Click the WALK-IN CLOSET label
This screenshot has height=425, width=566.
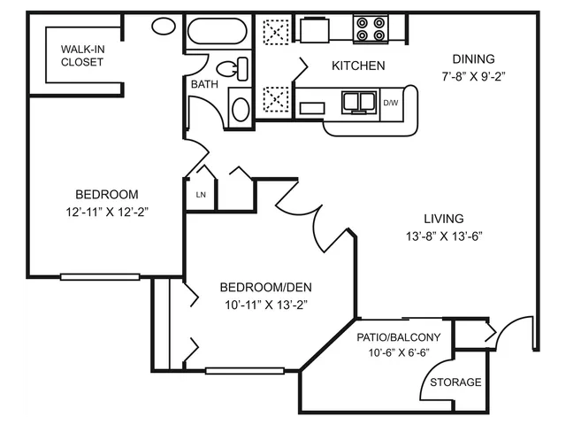pos(82,56)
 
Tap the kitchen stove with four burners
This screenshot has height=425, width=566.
pos(371,29)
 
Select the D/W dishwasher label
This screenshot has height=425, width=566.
pos(391,103)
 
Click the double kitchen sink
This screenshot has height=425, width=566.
pos(359,102)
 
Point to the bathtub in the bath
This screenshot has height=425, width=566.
pos(218,31)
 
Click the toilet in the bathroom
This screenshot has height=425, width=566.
pos(233,69)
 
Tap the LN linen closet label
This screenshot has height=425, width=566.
pos(201,195)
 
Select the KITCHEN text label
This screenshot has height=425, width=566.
pos(358,66)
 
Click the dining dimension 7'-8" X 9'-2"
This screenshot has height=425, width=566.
pos(473,77)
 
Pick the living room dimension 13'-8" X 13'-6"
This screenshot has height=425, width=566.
pos(444,236)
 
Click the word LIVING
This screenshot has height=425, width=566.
pos(444,219)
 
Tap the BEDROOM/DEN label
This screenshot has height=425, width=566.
pos(265,287)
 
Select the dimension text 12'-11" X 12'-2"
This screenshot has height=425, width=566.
pos(107,212)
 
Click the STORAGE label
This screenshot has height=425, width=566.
pos(455,382)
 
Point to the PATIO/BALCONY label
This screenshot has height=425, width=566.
pos(399,337)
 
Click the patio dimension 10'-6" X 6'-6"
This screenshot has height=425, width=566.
pos(399,352)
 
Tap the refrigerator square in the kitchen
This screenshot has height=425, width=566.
pos(315,30)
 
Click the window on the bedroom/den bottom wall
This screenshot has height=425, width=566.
pos(245,371)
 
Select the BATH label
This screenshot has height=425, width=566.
pos(204,84)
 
